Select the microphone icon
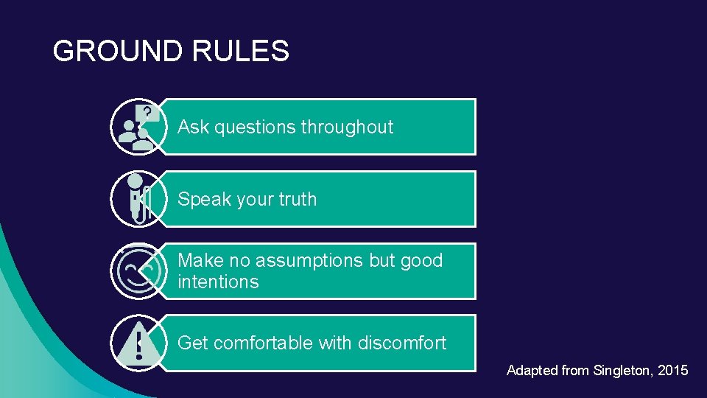click(138, 198)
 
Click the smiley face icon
click(138, 270)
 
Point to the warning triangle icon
click(138, 343)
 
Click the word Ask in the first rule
click(194, 127)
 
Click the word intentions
click(218, 282)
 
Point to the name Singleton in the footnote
click(624, 371)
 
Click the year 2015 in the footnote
click(674, 371)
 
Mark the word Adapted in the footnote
click(532, 371)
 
